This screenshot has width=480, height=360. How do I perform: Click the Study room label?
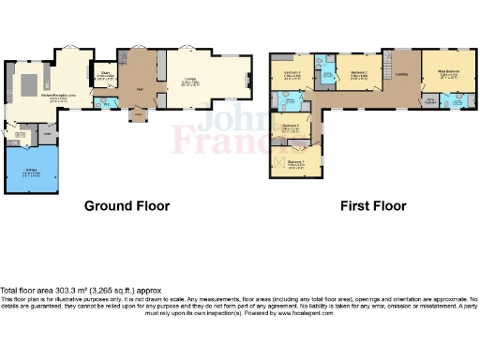[x=105, y=74]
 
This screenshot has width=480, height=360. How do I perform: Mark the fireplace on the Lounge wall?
[x=248, y=80]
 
